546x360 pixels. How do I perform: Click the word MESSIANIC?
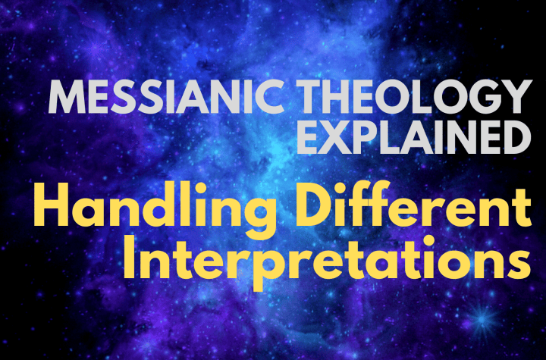(x=166, y=96)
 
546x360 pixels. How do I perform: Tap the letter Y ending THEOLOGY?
(x=518, y=96)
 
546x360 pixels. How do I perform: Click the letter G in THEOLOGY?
(x=486, y=96)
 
